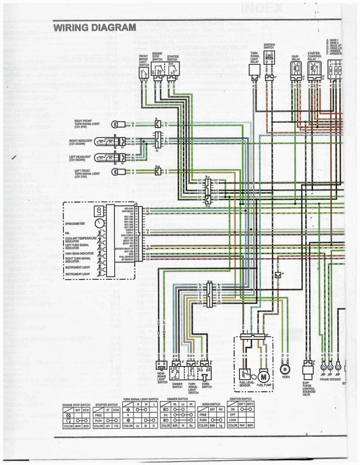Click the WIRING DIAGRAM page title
pyautogui.click(x=94, y=27)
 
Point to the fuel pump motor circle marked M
pyautogui.click(x=264, y=376)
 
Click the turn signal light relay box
pyautogui.click(x=254, y=69)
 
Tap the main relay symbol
pyautogui.click(x=296, y=68)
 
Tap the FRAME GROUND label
pyautogui.click(x=330, y=380)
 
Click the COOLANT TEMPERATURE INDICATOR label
pyautogui.click(x=81, y=239)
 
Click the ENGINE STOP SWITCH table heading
pyautogui.click(x=76, y=405)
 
